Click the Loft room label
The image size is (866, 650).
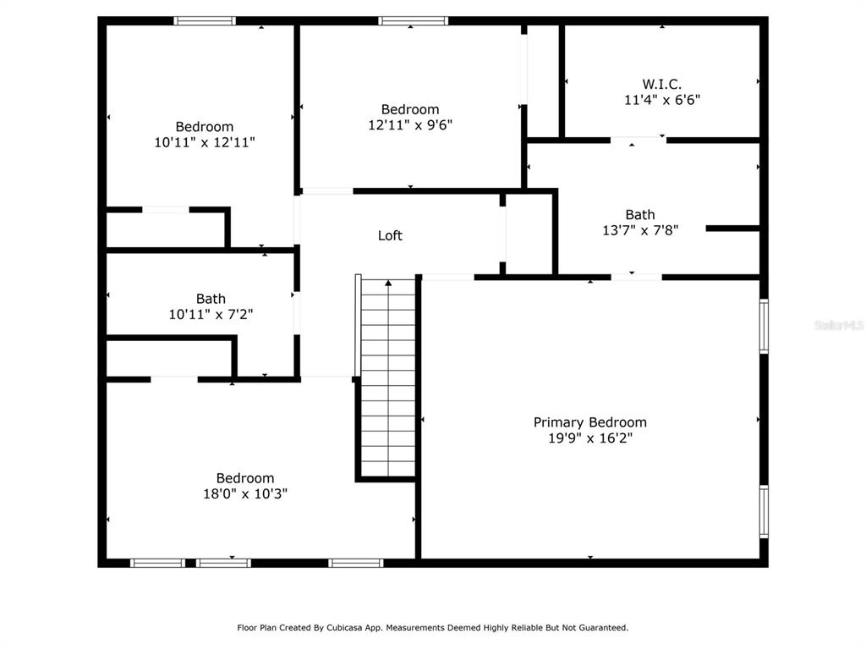point(390,235)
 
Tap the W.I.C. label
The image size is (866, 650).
point(661,84)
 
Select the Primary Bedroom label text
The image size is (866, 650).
point(589,422)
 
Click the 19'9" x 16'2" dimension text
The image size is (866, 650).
point(589,438)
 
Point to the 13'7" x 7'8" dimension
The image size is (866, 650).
point(640,230)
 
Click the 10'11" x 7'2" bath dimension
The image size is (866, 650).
point(211,315)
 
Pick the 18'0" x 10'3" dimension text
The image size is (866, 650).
point(245,493)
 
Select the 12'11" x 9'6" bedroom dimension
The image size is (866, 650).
point(410,125)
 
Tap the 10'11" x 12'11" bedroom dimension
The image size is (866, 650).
point(205,142)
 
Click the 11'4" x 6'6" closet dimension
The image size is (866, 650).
point(662,100)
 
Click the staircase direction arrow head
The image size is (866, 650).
point(388,283)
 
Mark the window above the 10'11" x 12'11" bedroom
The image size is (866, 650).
point(205,21)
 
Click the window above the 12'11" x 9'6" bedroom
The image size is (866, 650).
point(413,21)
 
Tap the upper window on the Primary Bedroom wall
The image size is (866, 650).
point(764,326)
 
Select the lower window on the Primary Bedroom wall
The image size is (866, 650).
point(764,511)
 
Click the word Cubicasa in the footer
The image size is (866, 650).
point(345,627)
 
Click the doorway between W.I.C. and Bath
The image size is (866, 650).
point(638,140)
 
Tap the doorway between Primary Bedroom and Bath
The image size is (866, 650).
point(636,277)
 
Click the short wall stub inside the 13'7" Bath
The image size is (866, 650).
point(733,229)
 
